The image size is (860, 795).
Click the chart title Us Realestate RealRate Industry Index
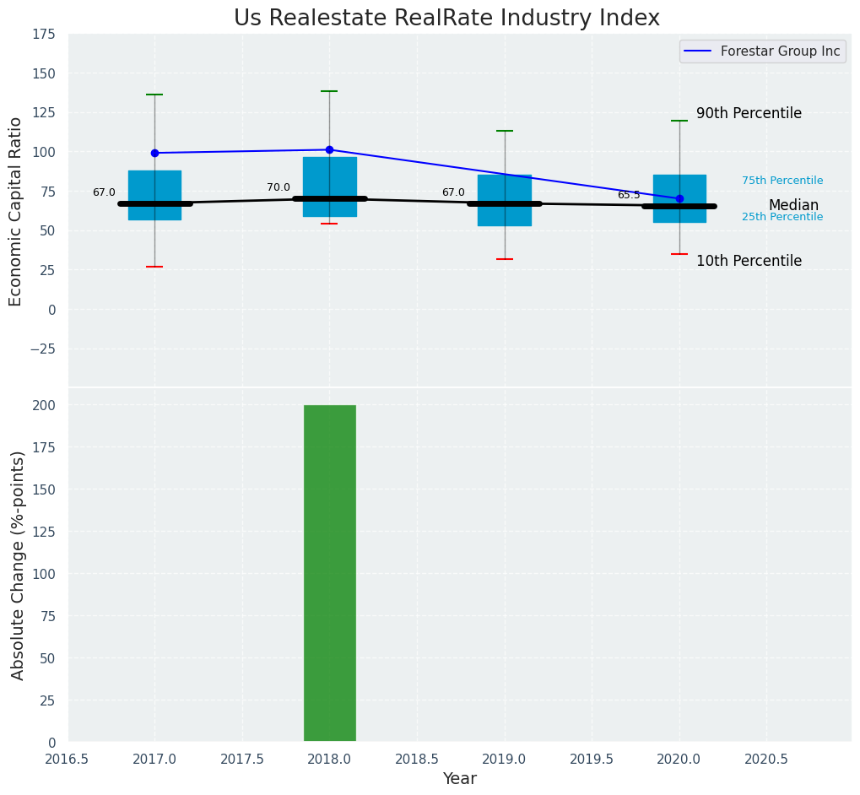tap(446, 19)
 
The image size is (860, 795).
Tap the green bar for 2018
tap(329, 574)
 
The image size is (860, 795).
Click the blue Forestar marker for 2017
tap(154, 153)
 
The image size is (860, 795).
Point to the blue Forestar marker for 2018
tap(329, 149)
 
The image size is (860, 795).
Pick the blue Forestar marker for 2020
tap(679, 198)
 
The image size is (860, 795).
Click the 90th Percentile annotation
tap(749, 113)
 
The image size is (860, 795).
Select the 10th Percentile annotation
tap(749, 261)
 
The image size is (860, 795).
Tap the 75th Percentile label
tap(782, 181)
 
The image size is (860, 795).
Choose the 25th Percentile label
tap(782, 217)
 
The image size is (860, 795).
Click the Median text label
tap(793, 205)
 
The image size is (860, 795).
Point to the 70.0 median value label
tap(279, 187)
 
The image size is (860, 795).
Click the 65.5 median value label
tap(629, 195)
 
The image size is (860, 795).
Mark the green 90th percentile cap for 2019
tap(505, 131)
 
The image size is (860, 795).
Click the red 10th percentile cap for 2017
tap(154, 267)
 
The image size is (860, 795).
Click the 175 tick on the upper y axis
tap(44, 34)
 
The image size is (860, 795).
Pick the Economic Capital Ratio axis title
tap(16, 211)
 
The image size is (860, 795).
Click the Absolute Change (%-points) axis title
tap(18, 565)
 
